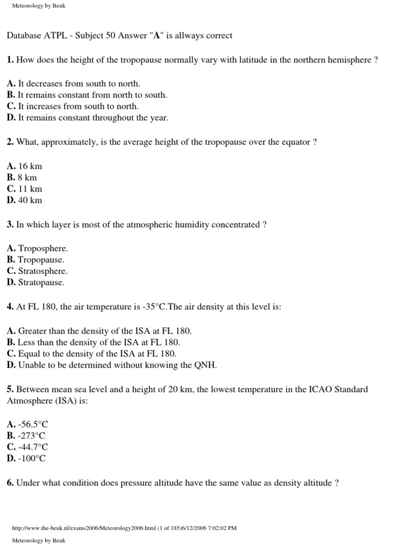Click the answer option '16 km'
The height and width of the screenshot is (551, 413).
(x=30, y=166)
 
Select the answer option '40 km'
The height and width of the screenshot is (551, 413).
(x=30, y=200)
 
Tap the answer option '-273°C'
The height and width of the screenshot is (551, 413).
(x=32, y=435)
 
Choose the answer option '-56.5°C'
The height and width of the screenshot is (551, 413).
(x=33, y=424)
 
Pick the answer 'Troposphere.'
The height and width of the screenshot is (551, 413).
(x=43, y=249)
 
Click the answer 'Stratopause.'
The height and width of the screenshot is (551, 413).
(x=41, y=282)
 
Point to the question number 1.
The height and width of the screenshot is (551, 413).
(x=10, y=60)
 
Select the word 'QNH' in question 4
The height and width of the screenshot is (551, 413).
(x=205, y=365)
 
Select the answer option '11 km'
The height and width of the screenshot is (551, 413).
(x=30, y=189)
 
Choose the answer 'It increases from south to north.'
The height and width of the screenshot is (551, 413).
(x=79, y=107)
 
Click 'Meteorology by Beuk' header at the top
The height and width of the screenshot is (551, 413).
(x=38, y=6)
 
